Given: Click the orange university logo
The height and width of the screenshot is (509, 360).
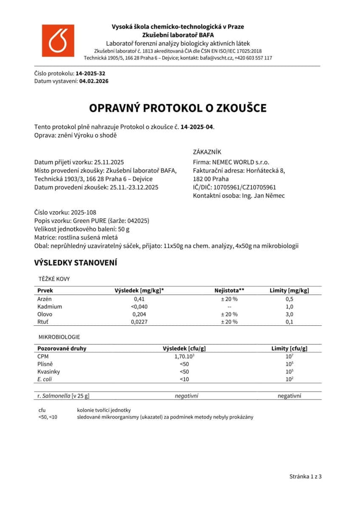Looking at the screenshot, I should (58, 40).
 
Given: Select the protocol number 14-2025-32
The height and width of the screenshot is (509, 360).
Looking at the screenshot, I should (90, 74).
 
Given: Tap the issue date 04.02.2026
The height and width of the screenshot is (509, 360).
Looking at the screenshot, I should (94, 81).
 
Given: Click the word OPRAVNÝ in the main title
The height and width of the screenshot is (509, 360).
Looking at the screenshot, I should (114, 108).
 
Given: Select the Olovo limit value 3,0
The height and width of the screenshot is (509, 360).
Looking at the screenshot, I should (289, 314).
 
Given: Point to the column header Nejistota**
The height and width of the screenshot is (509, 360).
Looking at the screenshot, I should (229, 291).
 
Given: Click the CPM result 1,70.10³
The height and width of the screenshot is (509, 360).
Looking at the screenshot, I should (184, 356).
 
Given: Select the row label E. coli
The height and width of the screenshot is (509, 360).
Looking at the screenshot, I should (45, 379).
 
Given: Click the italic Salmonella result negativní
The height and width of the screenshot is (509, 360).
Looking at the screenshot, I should (186, 396).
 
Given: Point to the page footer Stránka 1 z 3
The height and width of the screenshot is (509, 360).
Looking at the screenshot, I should (306, 476).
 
